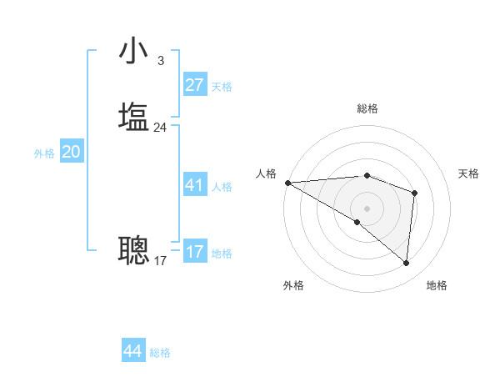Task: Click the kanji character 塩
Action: click(x=133, y=117)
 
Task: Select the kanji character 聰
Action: click(x=133, y=249)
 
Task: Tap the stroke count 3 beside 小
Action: click(x=160, y=61)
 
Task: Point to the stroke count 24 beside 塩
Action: click(x=160, y=128)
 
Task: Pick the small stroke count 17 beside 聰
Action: click(x=160, y=261)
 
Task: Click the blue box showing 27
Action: click(x=194, y=85)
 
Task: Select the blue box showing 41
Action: click(x=194, y=185)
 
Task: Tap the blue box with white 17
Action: click(x=194, y=252)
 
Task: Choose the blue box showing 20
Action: click(x=71, y=152)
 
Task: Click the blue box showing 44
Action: click(x=132, y=351)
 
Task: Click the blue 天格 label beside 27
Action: click(x=222, y=87)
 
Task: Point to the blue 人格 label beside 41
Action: click(x=222, y=187)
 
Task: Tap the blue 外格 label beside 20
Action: click(x=44, y=153)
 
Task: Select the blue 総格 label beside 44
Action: click(x=160, y=353)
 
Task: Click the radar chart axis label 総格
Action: click(x=367, y=108)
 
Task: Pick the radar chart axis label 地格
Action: click(x=437, y=285)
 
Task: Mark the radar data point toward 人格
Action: click(x=287, y=183)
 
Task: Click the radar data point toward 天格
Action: click(x=414, y=193)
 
